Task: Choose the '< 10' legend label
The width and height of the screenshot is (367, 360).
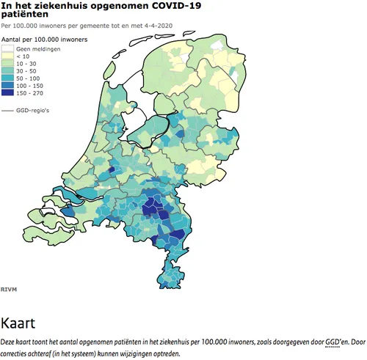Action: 24,55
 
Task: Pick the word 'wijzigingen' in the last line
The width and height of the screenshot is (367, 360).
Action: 130,353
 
